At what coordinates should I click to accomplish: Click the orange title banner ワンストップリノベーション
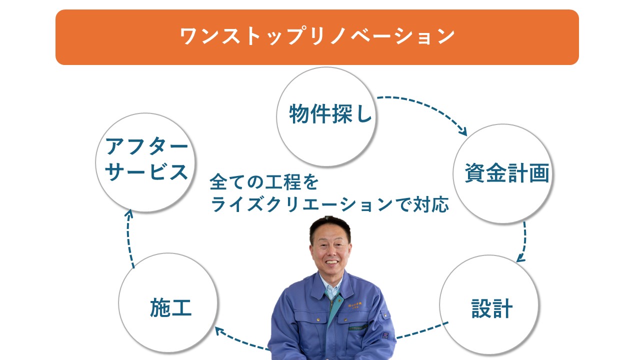317,37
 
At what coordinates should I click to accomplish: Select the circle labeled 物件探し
326,116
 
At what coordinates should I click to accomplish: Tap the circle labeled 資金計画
503,173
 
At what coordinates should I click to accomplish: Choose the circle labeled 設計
489,305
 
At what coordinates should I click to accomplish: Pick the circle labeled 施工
168,303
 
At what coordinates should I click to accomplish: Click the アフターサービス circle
145,162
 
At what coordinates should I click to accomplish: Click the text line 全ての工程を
264,182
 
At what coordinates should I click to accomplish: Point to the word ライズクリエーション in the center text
301,204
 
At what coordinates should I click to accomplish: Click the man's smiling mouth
331,262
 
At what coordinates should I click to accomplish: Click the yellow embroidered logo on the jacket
355,305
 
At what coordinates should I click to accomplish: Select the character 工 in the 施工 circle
181,307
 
